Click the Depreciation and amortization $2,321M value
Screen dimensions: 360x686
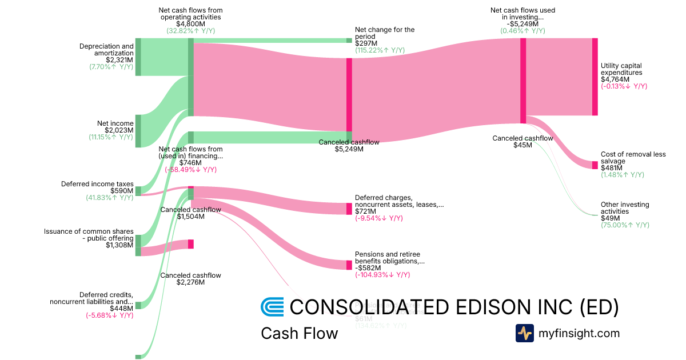pos(119,59)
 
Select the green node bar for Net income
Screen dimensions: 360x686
pos(138,131)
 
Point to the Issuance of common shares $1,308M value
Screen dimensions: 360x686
pos(119,246)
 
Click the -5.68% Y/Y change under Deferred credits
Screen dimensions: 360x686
pos(109,315)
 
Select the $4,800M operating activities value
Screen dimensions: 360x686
pos(191,24)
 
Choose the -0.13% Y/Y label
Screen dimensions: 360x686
pos(624,86)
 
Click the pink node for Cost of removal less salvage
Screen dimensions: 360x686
pos(595,165)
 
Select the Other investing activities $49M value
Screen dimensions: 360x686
pos(611,218)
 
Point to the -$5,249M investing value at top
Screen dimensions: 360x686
pos(523,24)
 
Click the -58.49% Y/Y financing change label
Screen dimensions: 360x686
pos(191,170)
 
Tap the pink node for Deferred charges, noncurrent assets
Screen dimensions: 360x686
pos(349,209)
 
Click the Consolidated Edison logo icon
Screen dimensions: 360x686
pos(272,307)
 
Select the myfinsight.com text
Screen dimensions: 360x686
pos(579,333)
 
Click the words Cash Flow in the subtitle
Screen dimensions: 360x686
pos(299,333)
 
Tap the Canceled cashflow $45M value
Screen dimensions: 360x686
pos(523,145)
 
